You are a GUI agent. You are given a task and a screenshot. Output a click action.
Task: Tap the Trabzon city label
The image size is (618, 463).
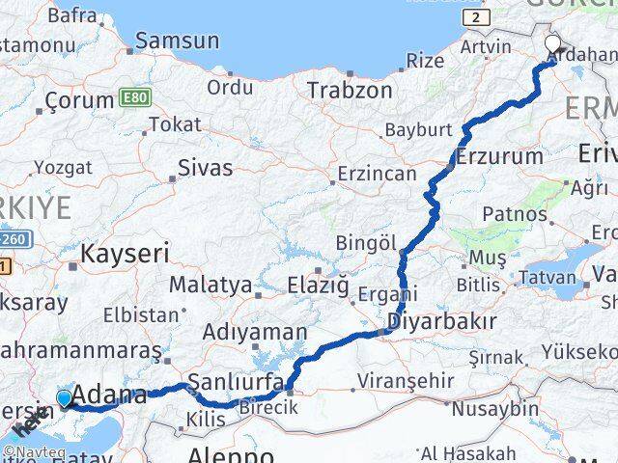tap(350, 91)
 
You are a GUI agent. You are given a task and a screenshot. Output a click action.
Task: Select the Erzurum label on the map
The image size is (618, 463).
tap(500, 156)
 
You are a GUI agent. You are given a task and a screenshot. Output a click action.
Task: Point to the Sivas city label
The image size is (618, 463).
tap(205, 168)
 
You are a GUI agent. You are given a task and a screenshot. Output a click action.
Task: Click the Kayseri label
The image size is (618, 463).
tap(125, 254)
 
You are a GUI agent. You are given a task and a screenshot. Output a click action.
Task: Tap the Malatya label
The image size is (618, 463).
tap(211, 286)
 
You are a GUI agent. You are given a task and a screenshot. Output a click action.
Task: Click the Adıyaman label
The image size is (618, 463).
tap(254, 332)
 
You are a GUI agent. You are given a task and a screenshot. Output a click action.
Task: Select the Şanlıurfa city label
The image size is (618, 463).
tap(237, 381)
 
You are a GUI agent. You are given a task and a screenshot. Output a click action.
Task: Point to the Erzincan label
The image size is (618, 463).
tap(378, 175)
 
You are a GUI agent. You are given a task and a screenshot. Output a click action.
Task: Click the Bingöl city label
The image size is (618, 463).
tap(366, 243)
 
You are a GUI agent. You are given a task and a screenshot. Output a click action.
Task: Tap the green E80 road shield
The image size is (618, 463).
tap(136, 98)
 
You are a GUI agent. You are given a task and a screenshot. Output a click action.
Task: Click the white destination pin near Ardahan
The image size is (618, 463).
tap(553, 44)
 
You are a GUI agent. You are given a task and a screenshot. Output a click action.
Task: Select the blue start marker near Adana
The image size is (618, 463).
tap(65, 398)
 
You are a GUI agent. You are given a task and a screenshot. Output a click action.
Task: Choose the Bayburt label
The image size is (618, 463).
tap(418, 129)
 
